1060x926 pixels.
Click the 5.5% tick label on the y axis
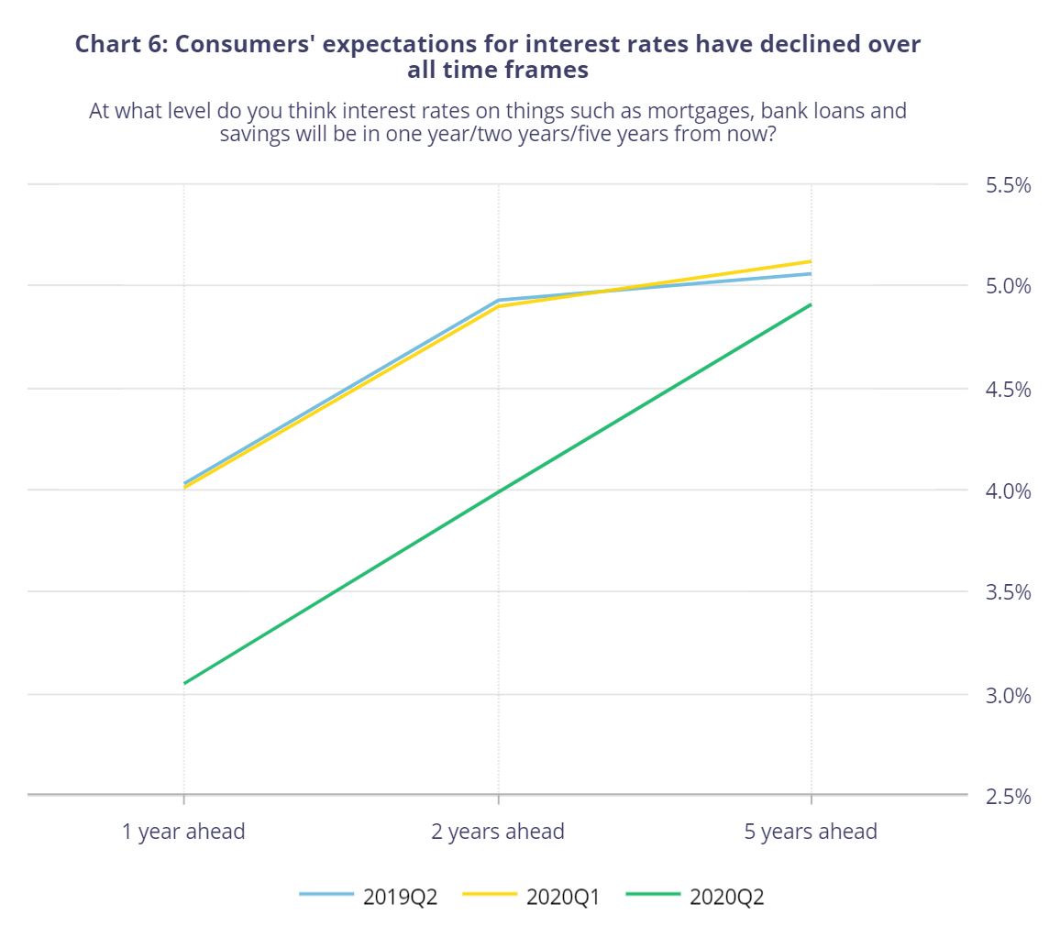[x=1009, y=185]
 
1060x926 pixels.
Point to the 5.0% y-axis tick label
[x=1009, y=286]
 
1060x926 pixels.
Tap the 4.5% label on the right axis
[x=1009, y=389]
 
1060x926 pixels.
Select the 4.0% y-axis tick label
[x=1009, y=491]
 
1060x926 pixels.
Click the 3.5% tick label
[x=1009, y=592]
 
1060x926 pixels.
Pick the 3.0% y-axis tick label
[x=1009, y=694]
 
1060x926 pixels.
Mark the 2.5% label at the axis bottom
[x=1009, y=796]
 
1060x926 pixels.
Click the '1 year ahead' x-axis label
[x=184, y=832]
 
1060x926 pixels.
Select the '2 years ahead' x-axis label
[x=498, y=832]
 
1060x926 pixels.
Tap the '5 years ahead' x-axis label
[x=811, y=832]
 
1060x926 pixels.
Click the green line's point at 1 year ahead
[x=184, y=683]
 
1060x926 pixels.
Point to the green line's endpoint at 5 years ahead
[x=811, y=304]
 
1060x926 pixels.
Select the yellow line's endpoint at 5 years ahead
[x=811, y=261]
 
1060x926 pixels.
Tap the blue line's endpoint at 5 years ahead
[x=811, y=273]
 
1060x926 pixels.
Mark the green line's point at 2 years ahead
[x=498, y=493]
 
